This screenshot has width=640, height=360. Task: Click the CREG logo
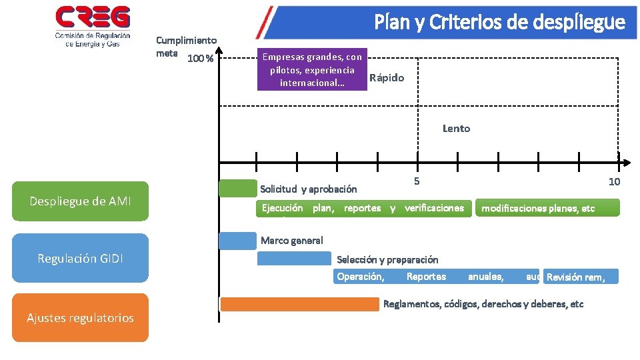click(x=93, y=26)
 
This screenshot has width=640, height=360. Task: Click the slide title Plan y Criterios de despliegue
click(x=499, y=23)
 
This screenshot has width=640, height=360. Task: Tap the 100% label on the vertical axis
click(x=200, y=59)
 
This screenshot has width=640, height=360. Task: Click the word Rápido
click(x=387, y=78)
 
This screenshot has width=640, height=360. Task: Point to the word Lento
click(x=456, y=129)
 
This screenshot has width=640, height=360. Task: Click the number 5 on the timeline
click(x=417, y=181)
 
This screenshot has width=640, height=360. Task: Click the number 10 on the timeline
click(x=614, y=182)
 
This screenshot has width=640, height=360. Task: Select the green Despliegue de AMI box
click(x=80, y=201)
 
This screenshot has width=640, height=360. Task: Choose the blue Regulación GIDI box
click(x=80, y=258)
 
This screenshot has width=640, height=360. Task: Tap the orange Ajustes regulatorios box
click(x=80, y=318)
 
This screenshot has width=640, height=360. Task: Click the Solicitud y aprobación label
click(x=308, y=189)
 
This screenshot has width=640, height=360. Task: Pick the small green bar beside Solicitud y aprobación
click(x=237, y=189)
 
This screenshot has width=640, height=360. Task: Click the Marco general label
click(x=292, y=241)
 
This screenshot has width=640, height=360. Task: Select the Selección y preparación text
click(x=387, y=259)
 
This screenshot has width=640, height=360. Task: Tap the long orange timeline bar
click(x=299, y=305)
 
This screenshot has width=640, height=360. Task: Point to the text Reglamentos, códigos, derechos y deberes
click(x=483, y=305)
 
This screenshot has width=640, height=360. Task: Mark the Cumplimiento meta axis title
click(x=186, y=47)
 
